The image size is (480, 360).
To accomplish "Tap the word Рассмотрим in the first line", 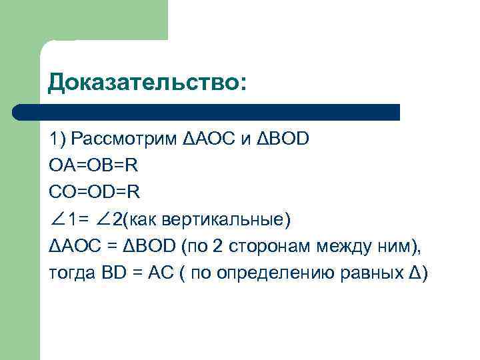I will [124, 139].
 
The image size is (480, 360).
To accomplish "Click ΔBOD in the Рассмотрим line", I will [283, 139].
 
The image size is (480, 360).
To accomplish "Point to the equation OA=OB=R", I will [93, 166].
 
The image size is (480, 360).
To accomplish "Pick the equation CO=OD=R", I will [94, 193].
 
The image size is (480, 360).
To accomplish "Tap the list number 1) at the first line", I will [56, 139].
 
